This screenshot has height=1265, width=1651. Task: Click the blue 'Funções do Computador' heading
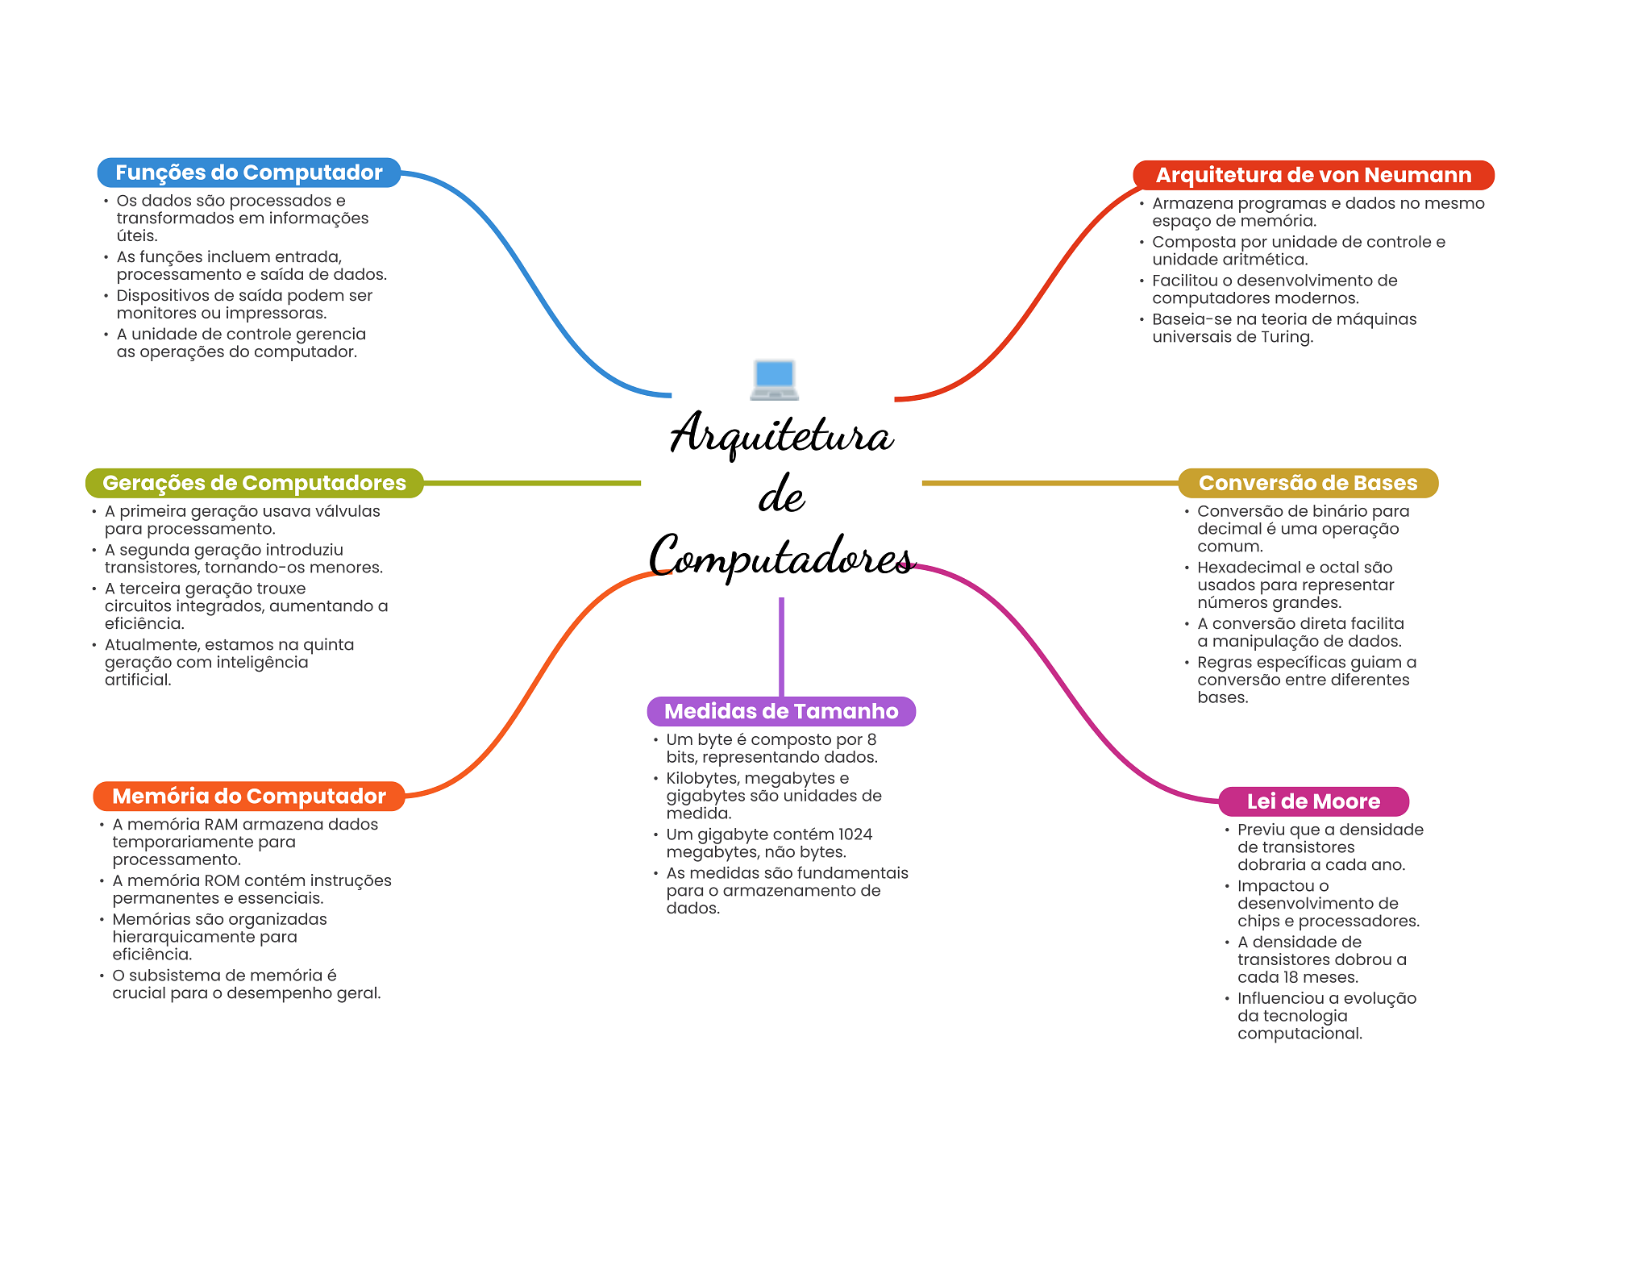[x=248, y=173]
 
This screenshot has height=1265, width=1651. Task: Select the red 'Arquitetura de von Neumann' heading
[x=1313, y=175]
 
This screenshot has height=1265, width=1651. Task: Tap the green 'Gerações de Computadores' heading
[x=254, y=483]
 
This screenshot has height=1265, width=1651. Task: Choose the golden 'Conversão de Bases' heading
[x=1308, y=483]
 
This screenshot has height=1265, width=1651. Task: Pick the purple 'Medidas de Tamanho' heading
[x=781, y=711]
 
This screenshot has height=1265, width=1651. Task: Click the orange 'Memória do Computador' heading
[x=248, y=796]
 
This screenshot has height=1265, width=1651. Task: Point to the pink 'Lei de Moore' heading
[x=1313, y=801]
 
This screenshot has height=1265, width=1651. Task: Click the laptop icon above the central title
[x=774, y=380]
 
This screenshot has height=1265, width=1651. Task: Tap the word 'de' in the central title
[x=781, y=495]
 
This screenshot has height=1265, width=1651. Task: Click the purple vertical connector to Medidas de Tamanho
[x=781, y=645]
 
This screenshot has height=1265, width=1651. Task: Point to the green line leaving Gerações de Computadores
[x=532, y=483]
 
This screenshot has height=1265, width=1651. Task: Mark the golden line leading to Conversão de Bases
[x=1048, y=483]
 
